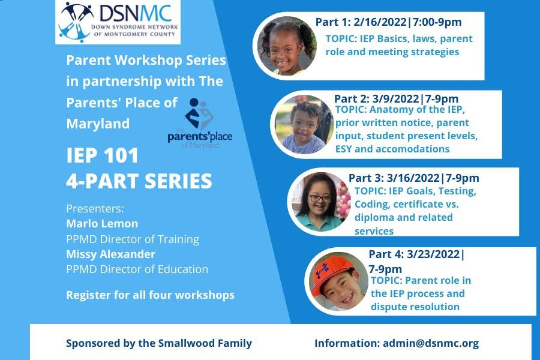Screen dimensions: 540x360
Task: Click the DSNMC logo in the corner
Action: point(118,22)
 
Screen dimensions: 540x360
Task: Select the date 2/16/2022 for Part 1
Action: point(380,22)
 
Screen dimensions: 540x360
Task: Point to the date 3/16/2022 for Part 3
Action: point(413,178)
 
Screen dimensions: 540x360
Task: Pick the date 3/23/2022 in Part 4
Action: point(433,254)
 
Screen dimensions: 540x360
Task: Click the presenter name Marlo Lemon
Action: point(102,224)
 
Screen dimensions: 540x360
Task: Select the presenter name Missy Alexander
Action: point(110,254)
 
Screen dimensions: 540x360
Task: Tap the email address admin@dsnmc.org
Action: point(431,343)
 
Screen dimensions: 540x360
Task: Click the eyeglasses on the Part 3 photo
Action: point(320,199)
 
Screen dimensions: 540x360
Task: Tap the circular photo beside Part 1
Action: point(287,46)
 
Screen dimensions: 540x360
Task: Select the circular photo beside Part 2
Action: point(304,124)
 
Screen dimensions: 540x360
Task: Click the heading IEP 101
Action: point(102,155)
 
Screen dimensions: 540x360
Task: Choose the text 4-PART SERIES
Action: point(139,181)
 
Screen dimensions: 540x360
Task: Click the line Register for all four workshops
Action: point(150,295)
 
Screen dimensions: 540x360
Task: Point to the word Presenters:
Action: point(95,209)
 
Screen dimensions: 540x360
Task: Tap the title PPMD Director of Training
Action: point(133,239)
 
